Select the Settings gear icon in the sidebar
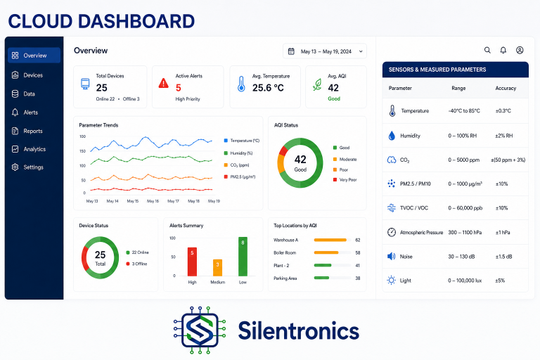tap(15, 167)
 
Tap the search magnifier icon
tap(487, 51)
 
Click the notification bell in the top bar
tap(503, 51)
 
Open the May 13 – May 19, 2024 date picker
tap(324, 51)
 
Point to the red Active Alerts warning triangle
tap(163, 83)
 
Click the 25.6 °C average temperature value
tap(268, 88)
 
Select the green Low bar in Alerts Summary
tap(243, 257)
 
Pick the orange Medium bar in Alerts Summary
tap(218, 268)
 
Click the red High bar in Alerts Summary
tap(192, 262)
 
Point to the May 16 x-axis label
tap(153, 201)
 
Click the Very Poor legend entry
tap(345, 180)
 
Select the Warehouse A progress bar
tap(332, 240)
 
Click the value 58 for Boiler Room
tap(358, 253)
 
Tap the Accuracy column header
tap(506, 88)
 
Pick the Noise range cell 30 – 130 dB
tap(461, 257)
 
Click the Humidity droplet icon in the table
tap(392, 136)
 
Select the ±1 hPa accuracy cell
tap(503, 233)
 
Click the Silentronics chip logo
tap(200, 330)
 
